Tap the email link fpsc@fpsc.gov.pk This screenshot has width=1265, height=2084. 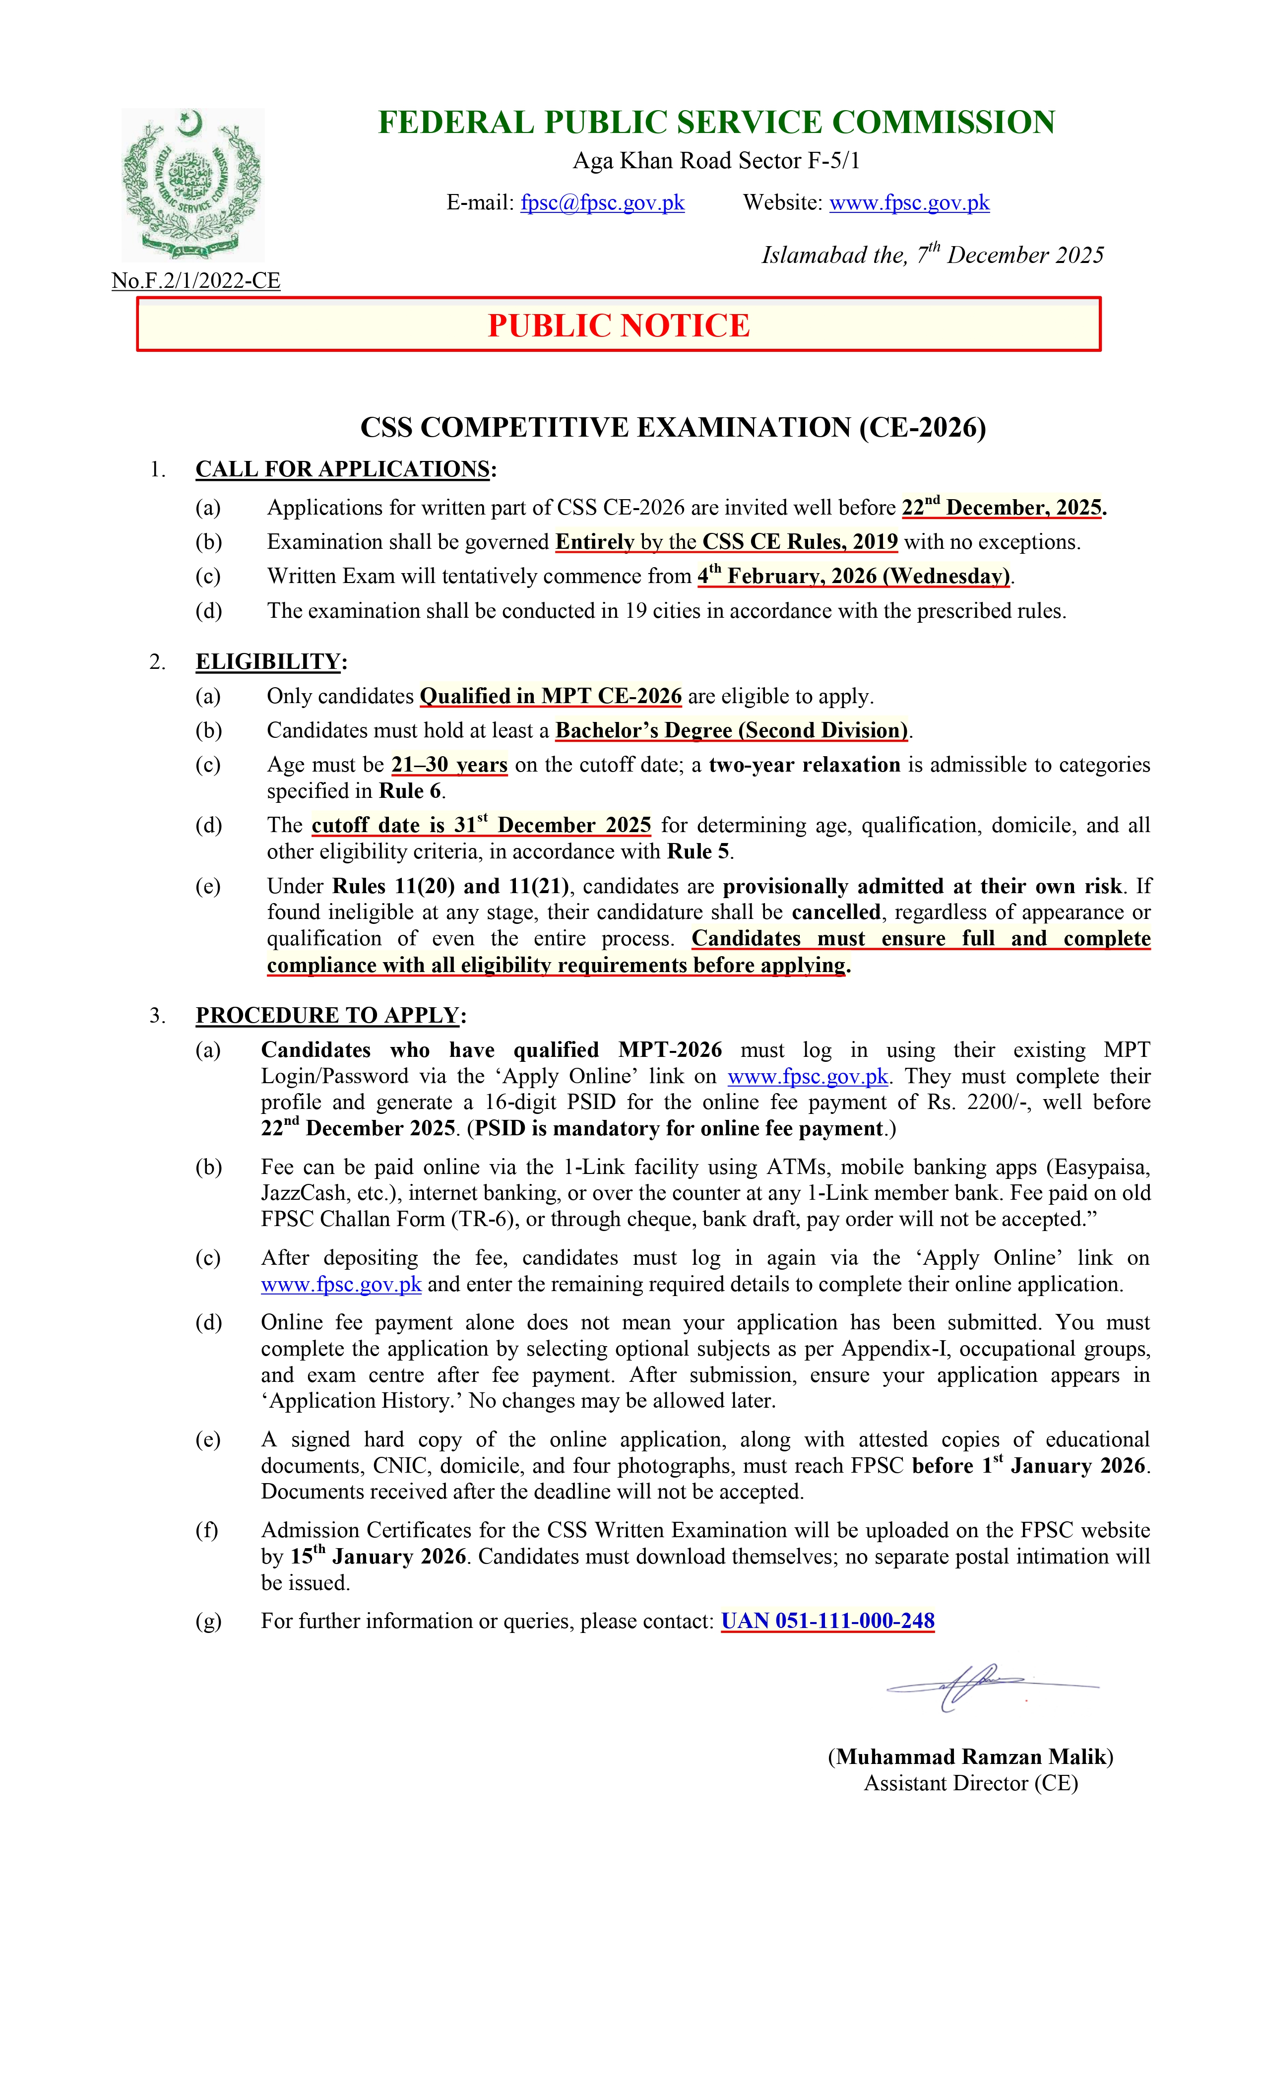click(x=602, y=203)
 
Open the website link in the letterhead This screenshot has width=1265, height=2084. click(x=909, y=203)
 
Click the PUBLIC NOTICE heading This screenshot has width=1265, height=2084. click(x=619, y=326)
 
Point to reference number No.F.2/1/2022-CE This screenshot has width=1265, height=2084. click(x=196, y=281)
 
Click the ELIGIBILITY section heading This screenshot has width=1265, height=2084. click(x=268, y=661)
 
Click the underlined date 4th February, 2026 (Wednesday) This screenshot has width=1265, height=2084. click(x=853, y=576)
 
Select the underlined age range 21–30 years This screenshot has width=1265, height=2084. click(x=449, y=765)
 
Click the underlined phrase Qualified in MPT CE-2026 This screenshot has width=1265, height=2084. click(x=551, y=696)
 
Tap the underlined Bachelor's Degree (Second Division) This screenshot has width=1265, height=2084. click(x=731, y=731)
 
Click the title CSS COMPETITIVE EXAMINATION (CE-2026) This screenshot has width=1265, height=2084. click(x=673, y=428)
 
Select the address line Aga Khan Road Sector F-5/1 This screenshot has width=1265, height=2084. click(x=716, y=161)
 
